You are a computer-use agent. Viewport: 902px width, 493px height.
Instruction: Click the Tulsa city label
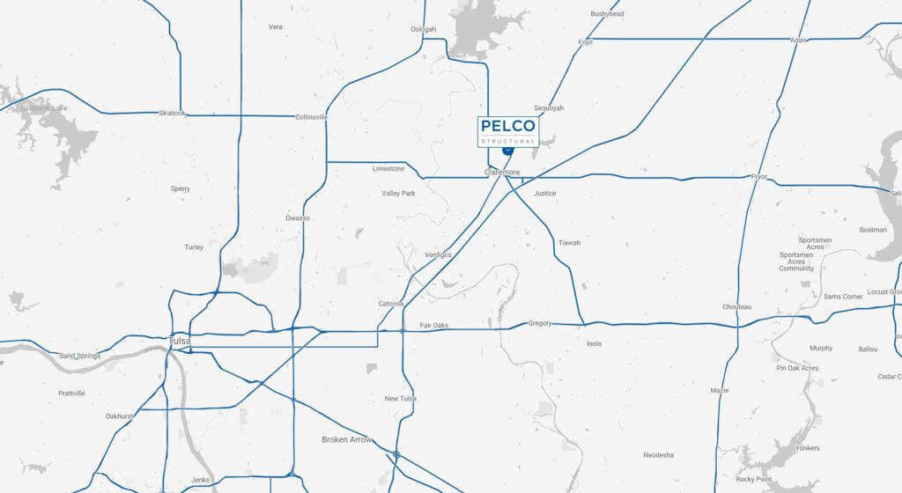(x=179, y=341)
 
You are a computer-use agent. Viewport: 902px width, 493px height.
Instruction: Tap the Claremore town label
(x=502, y=173)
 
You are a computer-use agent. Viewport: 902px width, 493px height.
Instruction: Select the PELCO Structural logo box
(x=507, y=131)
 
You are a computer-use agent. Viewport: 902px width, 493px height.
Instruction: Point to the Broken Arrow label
(x=347, y=439)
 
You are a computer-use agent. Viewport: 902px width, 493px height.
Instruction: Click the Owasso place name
(x=298, y=217)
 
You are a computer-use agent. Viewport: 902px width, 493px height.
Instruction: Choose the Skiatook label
(x=173, y=113)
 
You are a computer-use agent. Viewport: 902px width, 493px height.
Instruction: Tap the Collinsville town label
(x=311, y=117)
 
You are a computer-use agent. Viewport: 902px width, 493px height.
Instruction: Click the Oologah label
(x=423, y=29)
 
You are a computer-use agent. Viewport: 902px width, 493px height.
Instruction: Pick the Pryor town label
(x=758, y=177)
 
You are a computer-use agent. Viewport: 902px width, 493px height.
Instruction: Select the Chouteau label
(x=736, y=307)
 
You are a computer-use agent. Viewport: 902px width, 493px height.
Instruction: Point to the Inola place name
(x=594, y=343)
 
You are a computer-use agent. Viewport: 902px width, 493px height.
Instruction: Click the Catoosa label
(x=391, y=304)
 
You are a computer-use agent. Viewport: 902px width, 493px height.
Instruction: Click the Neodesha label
(x=659, y=455)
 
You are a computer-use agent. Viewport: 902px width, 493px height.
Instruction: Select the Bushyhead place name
(x=607, y=14)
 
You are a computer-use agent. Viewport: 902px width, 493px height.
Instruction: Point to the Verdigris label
(x=438, y=255)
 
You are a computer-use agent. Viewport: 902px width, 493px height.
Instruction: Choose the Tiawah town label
(x=569, y=243)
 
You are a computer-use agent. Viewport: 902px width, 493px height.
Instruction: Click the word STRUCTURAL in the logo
(x=507, y=141)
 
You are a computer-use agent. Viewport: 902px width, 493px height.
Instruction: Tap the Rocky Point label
(x=755, y=479)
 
